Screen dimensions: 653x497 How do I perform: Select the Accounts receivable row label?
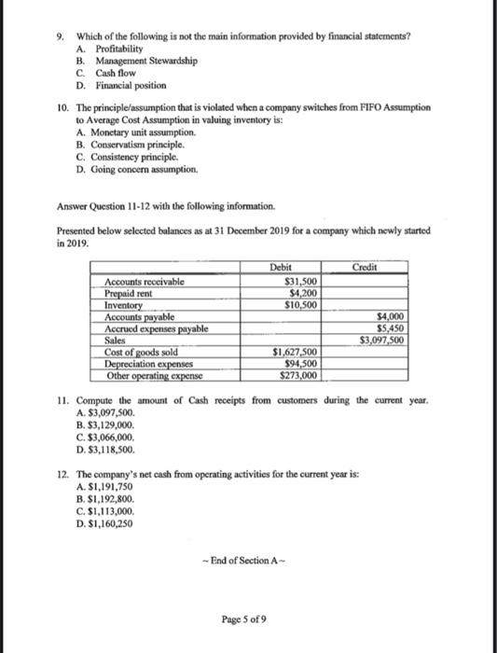click(x=145, y=281)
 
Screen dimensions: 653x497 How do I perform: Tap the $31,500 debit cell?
click(x=300, y=281)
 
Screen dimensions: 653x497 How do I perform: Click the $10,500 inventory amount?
click(x=300, y=304)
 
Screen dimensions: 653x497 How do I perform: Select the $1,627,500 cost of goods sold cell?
click(x=295, y=351)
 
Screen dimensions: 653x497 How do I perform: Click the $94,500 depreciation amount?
click(x=300, y=362)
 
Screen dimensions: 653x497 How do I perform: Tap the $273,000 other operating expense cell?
click(x=298, y=374)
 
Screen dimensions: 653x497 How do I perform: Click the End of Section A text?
click(x=249, y=559)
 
